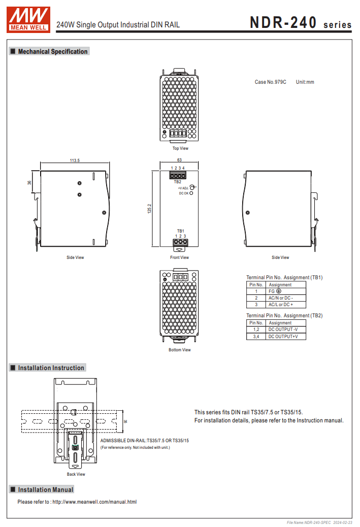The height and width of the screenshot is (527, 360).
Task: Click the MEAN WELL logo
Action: (x=28, y=19)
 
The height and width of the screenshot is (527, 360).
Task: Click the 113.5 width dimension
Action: (x=75, y=160)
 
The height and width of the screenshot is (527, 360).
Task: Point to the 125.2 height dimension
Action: (x=149, y=208)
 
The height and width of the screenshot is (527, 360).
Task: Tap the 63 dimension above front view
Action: (x=180, y=160)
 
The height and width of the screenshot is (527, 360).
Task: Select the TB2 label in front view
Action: (x=178, y=182)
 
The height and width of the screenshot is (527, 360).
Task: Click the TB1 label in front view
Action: (x=180, y=231)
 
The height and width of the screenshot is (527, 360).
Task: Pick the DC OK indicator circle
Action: (x=191, y=193)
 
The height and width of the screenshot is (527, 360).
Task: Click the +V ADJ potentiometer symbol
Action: (x=192, y=187)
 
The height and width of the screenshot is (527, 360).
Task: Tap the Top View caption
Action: (x=180, y=148)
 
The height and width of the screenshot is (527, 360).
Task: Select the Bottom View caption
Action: (x=180, y=350)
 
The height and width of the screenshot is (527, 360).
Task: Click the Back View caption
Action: (x=76, y=474)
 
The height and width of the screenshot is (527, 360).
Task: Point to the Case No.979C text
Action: (x=270, y=82)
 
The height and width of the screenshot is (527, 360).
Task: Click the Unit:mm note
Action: (x=305, y=82)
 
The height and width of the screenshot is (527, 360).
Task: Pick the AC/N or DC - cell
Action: (x=281, y=298)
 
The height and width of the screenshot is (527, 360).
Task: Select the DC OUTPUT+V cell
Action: (x=283, y=337)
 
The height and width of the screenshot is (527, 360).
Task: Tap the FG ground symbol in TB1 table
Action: (x=279, y=291)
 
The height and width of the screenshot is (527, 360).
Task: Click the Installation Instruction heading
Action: (x=51, y=368)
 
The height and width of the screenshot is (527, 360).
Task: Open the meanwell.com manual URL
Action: (x=94, y=502)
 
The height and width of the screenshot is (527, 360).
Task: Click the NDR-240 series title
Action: (x=301, y=23)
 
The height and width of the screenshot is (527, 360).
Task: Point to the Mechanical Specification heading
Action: (x=53, y=51)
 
